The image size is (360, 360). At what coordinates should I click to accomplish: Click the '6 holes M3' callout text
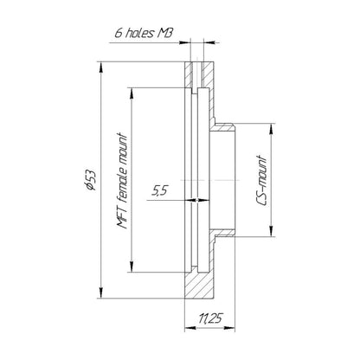click(144, 33)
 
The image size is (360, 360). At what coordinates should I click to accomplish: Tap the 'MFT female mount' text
click(122, 181)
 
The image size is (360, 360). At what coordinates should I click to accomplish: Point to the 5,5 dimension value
click(160, 190)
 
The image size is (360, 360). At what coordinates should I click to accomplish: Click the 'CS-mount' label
click(262, 180)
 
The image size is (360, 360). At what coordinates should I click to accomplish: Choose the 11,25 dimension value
click(211, 318)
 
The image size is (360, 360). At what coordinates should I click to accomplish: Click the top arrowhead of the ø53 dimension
click(101, 68)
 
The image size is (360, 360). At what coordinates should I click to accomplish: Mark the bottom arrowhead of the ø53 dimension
click(101, 292)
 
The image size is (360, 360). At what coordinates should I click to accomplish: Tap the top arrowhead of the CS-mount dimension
click(271, 129)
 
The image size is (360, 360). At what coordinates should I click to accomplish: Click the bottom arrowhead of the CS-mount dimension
click(271, 231)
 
